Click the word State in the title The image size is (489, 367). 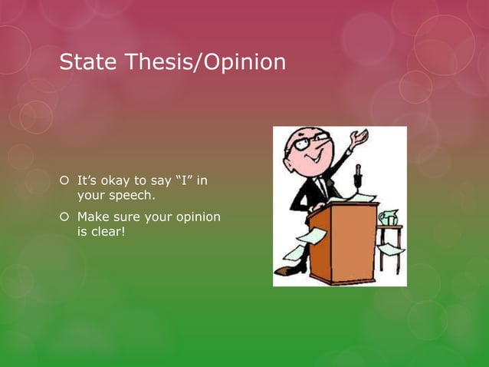[85, 61]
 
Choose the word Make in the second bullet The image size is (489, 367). [92, 217]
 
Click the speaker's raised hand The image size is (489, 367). [358, 137]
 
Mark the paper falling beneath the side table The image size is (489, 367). [392, 250]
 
